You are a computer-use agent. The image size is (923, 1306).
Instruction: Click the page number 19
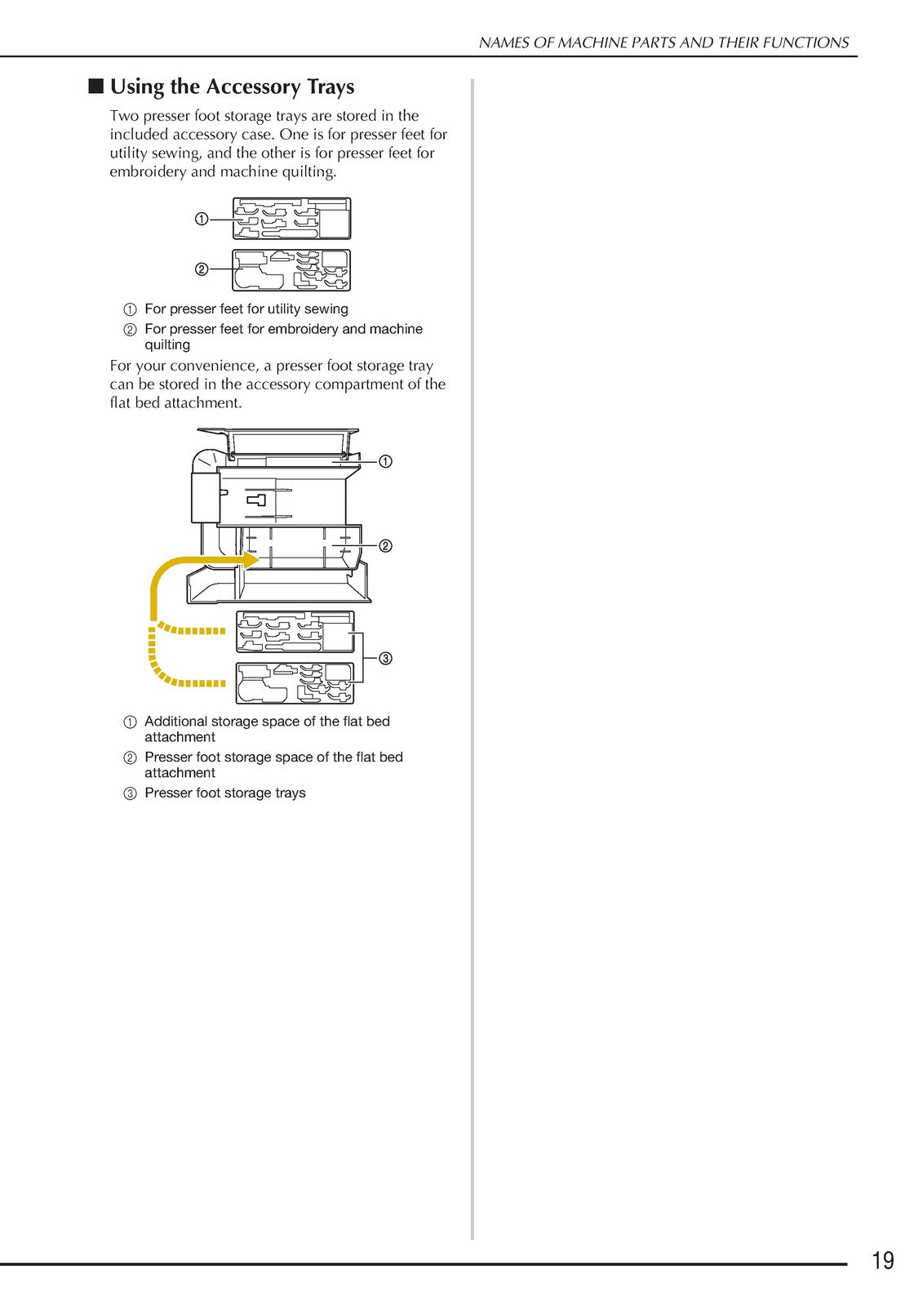click(882, 1260)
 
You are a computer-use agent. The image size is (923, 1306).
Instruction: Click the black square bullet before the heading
click(95, 87)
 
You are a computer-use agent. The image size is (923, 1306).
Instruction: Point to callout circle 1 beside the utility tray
click(201, 220)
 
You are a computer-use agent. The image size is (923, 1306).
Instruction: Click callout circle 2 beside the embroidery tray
click(201, 269)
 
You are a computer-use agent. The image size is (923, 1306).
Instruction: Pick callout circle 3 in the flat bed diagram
click(385, 659)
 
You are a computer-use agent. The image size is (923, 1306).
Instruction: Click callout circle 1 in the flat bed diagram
click(385, 462)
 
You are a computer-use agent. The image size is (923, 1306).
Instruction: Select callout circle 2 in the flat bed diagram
click(385, 546)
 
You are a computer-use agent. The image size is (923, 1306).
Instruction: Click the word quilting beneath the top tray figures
click(167, 344)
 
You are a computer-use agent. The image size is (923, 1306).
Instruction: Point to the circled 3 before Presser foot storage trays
click(130, 793)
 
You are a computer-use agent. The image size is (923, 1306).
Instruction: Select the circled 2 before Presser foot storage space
click(130, 758)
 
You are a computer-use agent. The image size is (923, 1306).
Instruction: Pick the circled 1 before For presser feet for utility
click(130, 309)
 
